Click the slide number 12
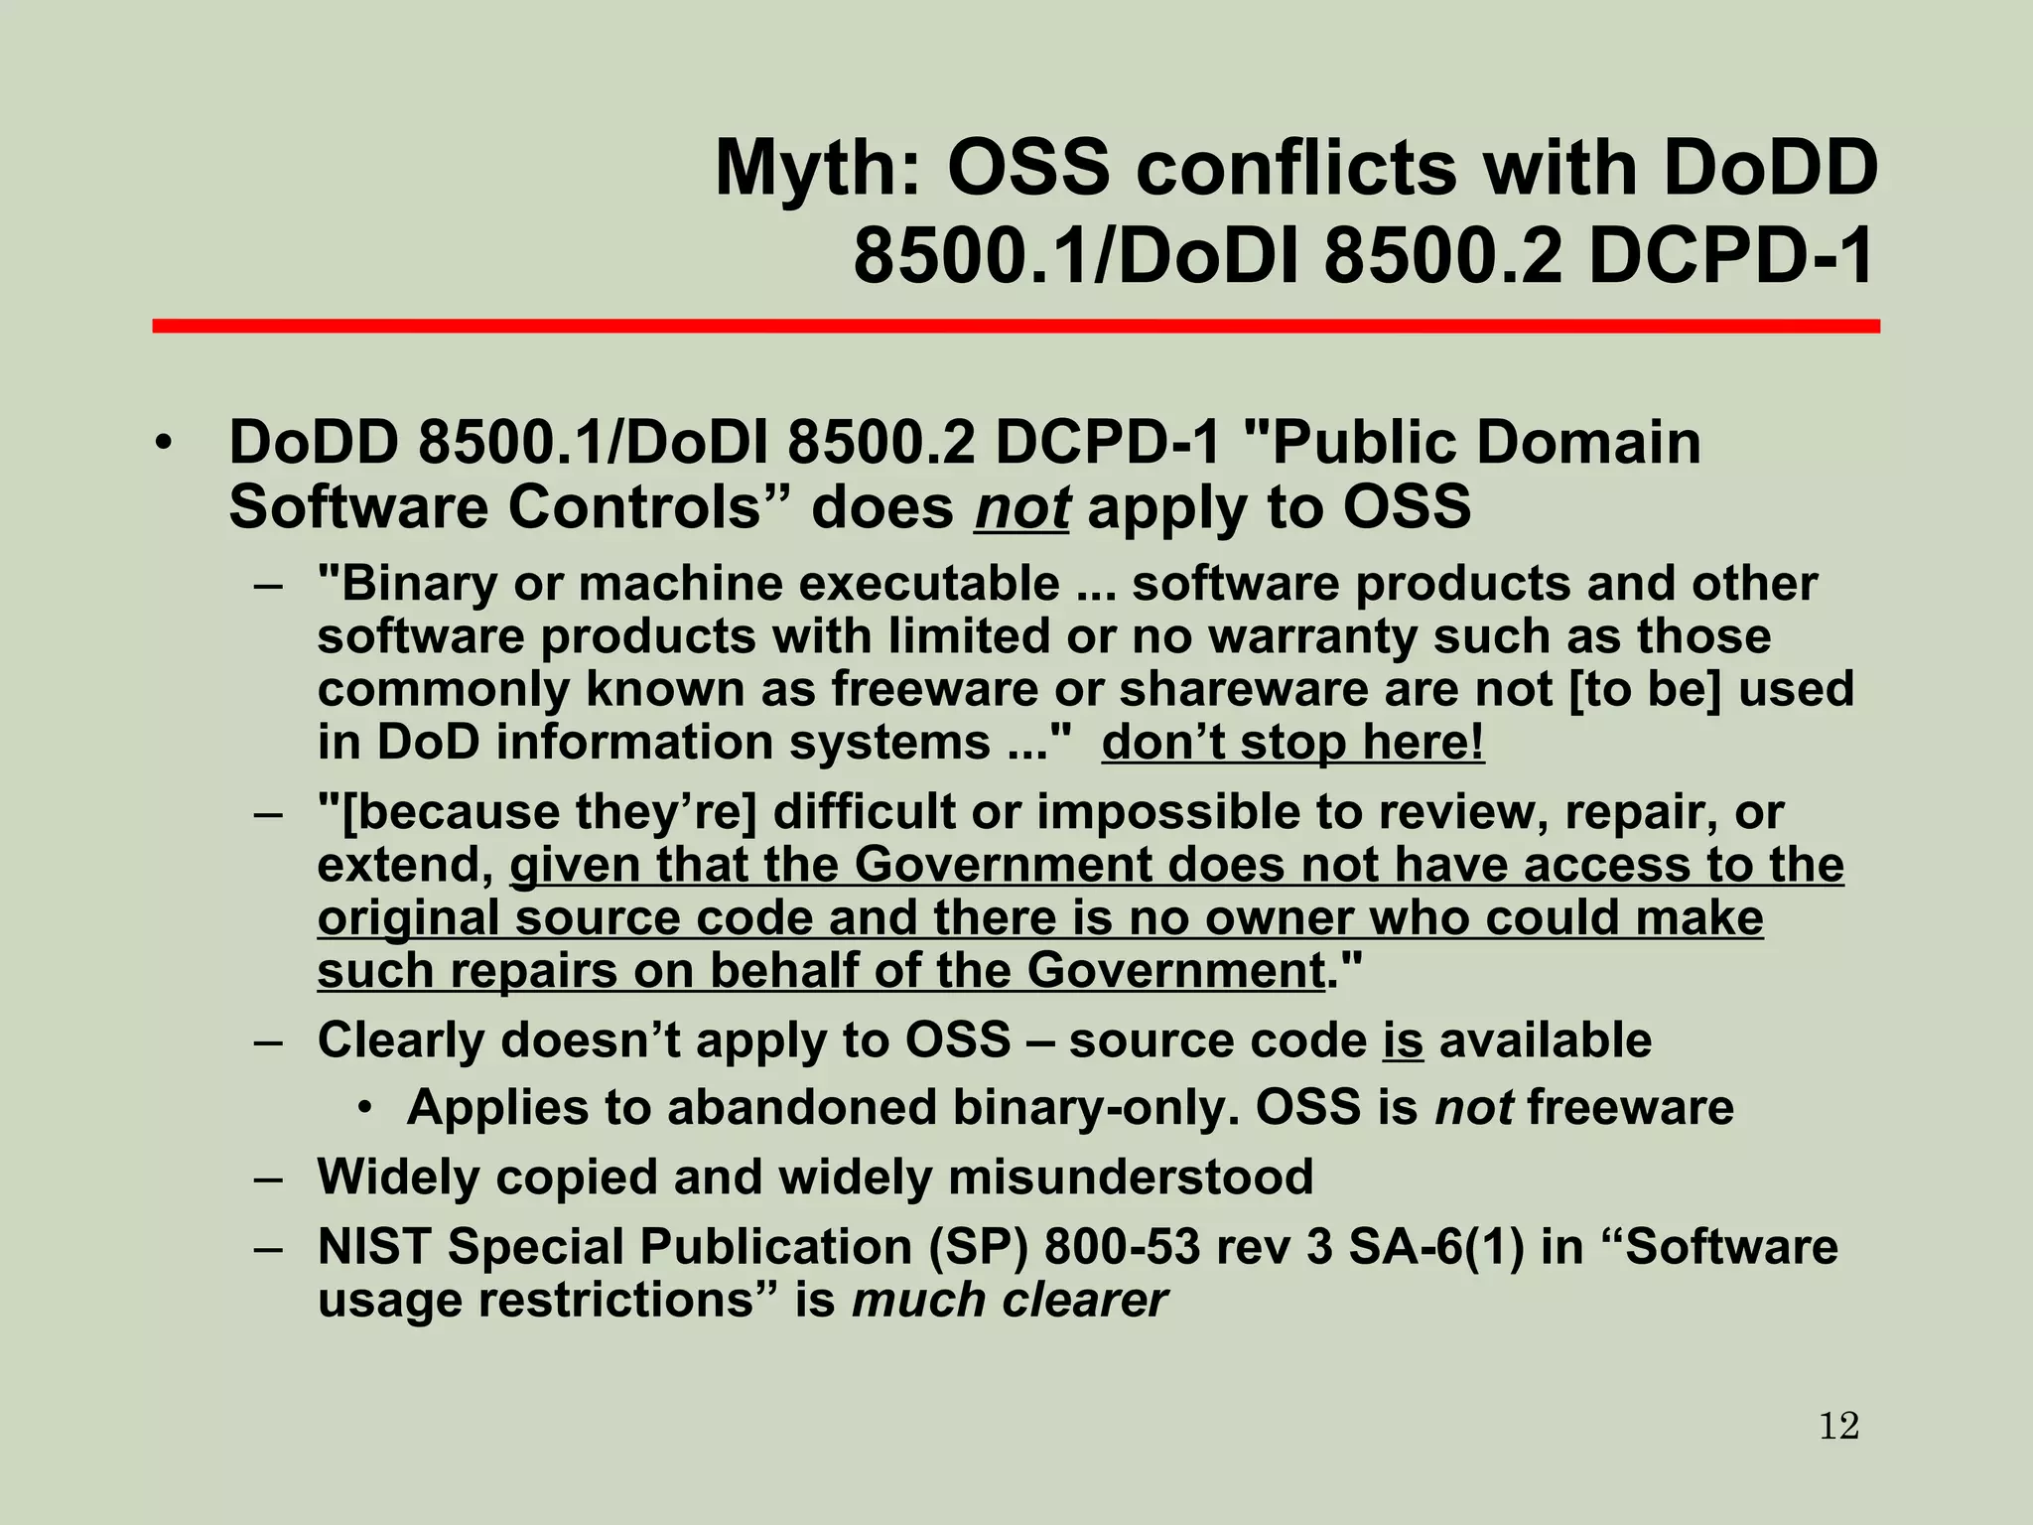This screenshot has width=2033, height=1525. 1838,1427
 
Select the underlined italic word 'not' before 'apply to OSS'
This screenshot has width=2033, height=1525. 1021,508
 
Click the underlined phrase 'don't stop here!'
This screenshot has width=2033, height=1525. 1292,742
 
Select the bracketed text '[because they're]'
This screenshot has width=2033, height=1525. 537,812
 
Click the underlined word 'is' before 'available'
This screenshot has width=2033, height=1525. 1403,1040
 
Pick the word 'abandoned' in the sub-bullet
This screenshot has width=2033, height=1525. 801,1108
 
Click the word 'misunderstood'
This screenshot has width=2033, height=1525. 1131,1178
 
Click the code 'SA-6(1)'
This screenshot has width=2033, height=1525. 1435,1247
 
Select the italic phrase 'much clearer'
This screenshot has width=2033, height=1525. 1009,1300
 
